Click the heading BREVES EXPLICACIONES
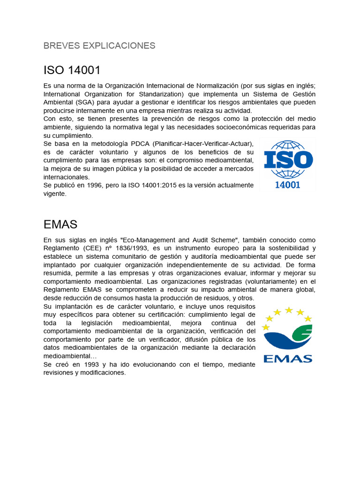(x=99, y=45)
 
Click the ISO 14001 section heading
(x=72, y=70)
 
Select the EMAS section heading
(x=60, y=224)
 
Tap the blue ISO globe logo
(x=288, y=159)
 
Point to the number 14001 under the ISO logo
(x=287, y=184)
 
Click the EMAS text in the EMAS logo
(x=288, y=359)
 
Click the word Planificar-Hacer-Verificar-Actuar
(x=204, y=143)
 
